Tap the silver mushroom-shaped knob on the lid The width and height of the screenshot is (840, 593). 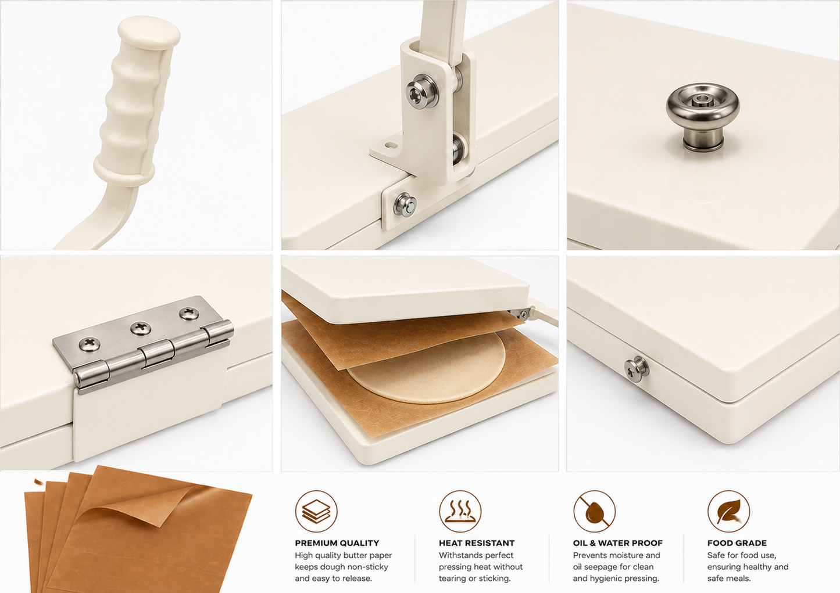pos(702,116)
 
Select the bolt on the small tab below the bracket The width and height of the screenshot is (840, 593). pos(405,204)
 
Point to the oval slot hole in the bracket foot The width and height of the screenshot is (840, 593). pos(391,145)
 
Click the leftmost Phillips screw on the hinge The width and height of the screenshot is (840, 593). pos(90,344)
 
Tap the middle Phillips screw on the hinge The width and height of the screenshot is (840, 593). pos(141,328)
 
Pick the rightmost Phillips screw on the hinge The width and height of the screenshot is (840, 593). pos(189,314)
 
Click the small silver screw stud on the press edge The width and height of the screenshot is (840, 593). pos(637,369)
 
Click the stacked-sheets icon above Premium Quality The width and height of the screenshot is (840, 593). pos(316,511)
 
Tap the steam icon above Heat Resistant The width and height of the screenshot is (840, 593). pos(460,511)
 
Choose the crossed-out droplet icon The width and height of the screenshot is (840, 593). pos(594,511)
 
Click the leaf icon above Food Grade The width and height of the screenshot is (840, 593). pos(728,511)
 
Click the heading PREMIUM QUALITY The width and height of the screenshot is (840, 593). pos(337,543)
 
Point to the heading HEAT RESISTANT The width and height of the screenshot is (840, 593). pos(477,543)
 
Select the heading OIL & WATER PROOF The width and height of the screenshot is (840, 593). pos(617,543)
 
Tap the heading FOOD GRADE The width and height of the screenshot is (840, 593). pos(737,543)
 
